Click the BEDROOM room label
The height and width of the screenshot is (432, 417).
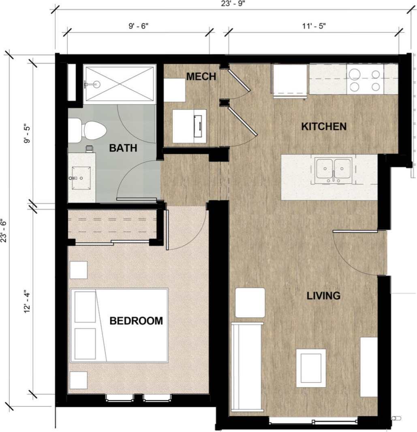click(136, 321)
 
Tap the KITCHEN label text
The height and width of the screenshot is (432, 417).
click(324, 126)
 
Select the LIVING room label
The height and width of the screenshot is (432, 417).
click(323, 296)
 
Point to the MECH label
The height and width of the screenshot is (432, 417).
click(201, 77)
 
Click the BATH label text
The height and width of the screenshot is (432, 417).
click(123, 148)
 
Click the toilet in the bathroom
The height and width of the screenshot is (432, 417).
click(87, 130)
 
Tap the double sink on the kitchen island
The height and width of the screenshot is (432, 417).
click(334, 169)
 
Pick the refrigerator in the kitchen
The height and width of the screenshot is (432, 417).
click(290, 81)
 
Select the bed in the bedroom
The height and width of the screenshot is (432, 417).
click(120, 325)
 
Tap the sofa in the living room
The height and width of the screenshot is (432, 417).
click(247, 366)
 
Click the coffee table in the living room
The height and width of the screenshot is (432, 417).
click(311, 368)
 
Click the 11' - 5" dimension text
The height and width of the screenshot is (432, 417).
click(313, 26)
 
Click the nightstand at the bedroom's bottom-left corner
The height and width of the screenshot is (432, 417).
click(78, 380)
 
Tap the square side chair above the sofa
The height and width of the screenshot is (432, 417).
click(250, 303)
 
